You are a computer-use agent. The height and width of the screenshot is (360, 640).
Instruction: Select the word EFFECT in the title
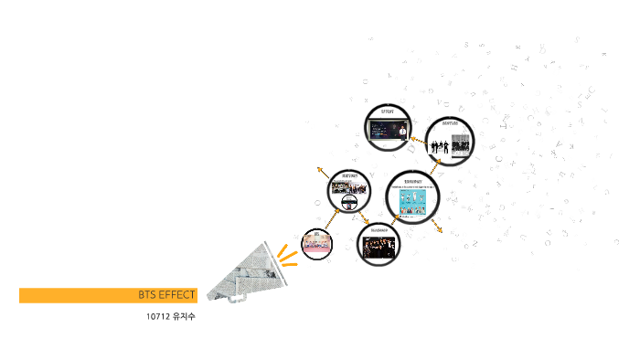point(176,295)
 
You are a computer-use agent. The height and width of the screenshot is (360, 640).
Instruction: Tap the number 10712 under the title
point(158,317)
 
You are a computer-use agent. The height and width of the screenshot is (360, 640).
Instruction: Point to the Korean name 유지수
point(184,317)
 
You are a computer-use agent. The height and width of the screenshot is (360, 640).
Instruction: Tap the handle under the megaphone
point(237,298)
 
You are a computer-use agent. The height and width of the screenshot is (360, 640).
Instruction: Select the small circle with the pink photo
point(316,243)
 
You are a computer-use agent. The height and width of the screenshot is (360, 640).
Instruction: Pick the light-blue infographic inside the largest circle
point(413,203)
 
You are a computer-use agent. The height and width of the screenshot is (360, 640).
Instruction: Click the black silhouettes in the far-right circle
point(442,145)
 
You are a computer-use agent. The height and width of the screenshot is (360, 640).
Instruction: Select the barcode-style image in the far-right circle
point(462,144)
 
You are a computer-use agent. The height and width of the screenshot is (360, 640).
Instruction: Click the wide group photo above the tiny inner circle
point(351,188)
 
